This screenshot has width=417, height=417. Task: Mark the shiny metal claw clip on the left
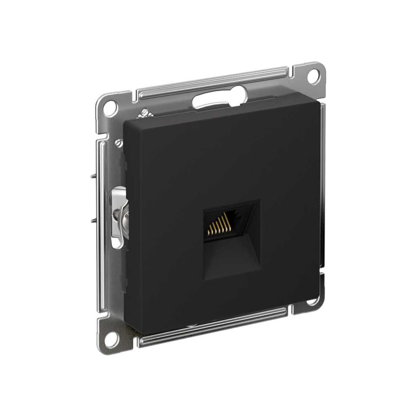coord(118,216)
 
